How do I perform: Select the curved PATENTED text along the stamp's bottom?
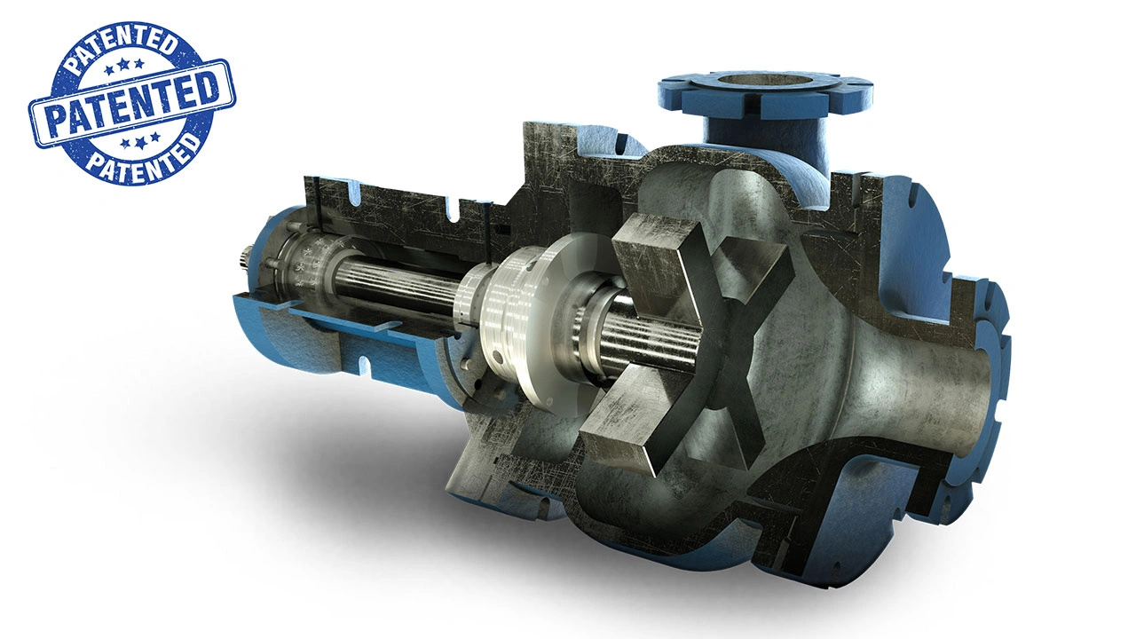click(144, 157)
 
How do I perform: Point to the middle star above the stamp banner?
click(123, 65)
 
